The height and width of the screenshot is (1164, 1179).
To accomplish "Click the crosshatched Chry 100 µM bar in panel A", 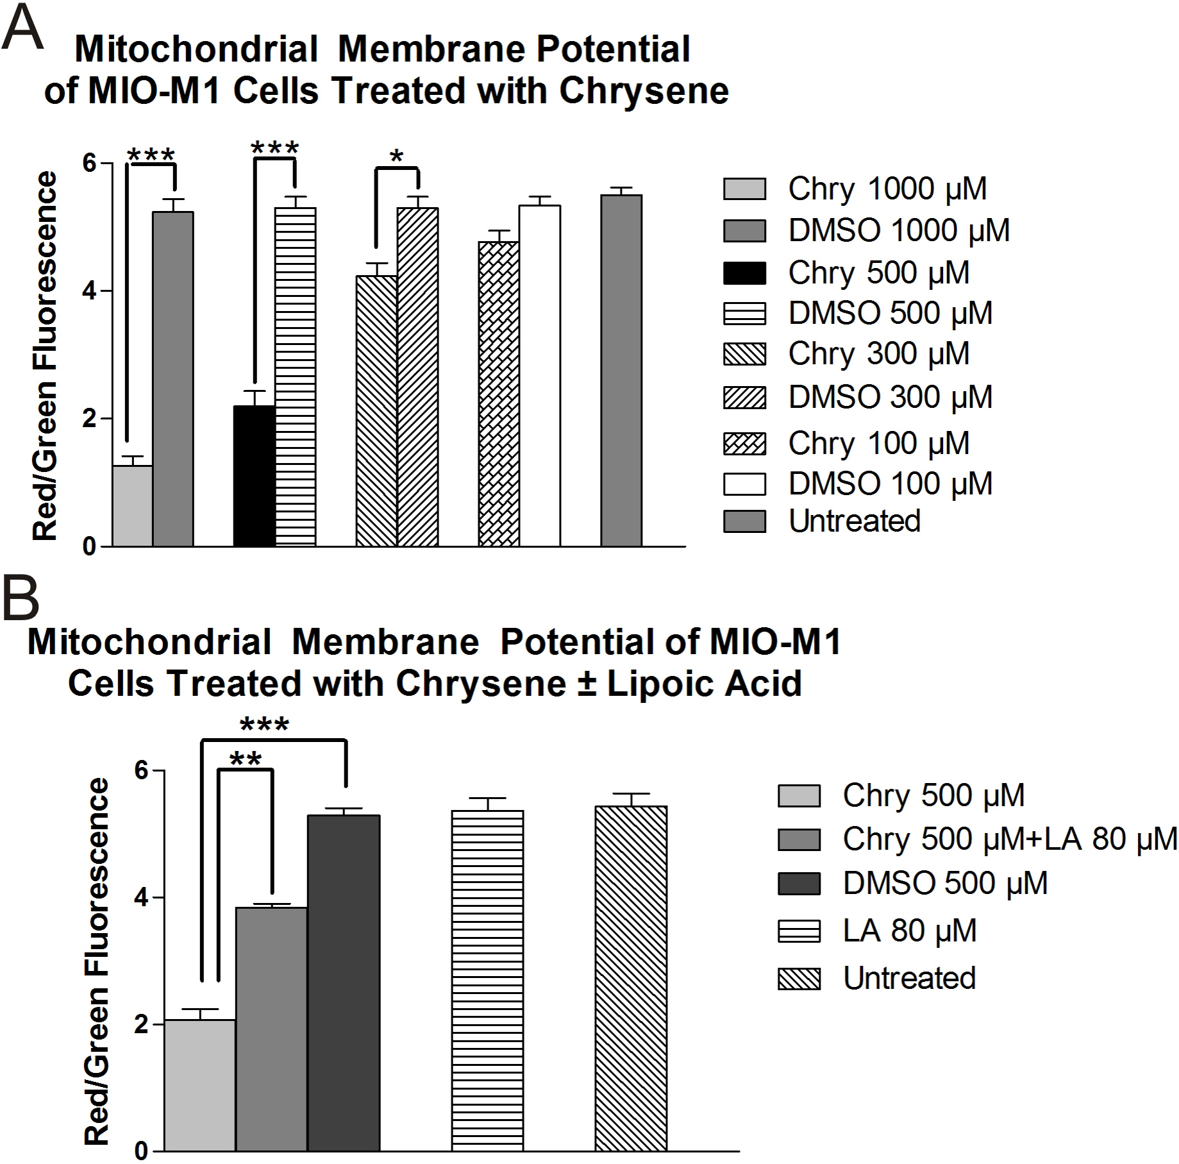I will [498, 394].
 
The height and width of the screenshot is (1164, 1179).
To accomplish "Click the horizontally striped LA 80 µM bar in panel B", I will [487, 981].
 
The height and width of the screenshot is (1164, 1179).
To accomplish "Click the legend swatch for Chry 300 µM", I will [744, 354].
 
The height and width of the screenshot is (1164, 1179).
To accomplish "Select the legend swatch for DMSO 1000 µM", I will [744, 231].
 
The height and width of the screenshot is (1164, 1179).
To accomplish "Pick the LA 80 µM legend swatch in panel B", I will [799, 931].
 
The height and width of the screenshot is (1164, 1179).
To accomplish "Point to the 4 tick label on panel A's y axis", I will [88, 291].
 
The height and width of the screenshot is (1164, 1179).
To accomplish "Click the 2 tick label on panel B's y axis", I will [140, 1024].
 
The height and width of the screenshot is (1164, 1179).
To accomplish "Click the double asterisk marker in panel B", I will [246, 761].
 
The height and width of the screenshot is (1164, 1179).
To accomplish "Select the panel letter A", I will [22, 27].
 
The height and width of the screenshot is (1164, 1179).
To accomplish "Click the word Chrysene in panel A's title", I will [644, 91].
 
